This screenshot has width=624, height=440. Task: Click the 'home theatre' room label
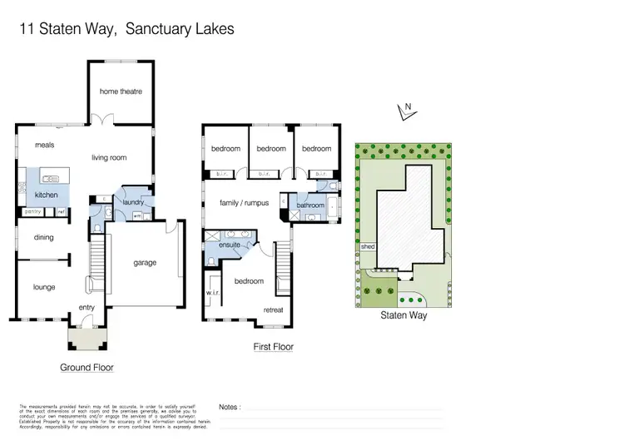click(x=121, y=91)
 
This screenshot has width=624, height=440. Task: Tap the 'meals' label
click(x=44, y=145)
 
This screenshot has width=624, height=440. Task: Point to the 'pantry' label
click(x=32, y=212)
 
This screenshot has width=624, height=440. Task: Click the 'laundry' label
click(x=133, y=201)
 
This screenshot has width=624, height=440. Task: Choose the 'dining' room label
click(x=43, y=237)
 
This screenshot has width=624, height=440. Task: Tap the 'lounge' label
click(x=44, y=287)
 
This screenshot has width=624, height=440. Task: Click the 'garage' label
click(x=145, y=263)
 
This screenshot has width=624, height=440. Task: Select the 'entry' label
click(x=87, y=308)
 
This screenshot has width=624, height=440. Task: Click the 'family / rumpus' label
click(x=244, y=202)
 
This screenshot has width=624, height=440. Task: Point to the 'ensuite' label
click(x=230, y=245)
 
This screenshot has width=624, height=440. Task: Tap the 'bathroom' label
click(x=310, y=205)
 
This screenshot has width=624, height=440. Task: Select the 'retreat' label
click(x=273, y=309)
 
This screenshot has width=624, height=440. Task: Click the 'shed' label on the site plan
click(x=367, y=247)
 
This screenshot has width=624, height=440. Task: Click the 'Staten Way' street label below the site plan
click(x=404, y=316)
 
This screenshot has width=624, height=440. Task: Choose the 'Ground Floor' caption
click(x=87, y=367)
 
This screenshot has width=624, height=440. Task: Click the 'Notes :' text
click(x=230, y=408)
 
